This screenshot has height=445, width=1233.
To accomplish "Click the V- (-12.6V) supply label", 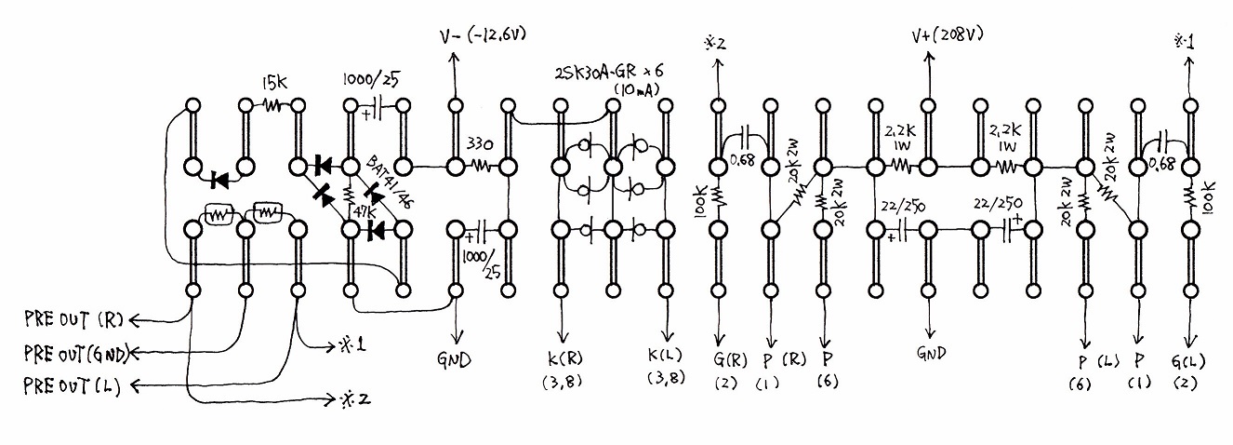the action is [x=483, y=36].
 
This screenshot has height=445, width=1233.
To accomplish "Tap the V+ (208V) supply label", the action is [x=947, y=35].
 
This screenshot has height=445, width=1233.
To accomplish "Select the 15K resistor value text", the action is [x=273, y=84].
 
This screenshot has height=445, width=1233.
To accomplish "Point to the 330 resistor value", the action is [x=480, y=144].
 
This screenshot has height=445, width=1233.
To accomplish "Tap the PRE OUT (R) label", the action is [x=73, y=320].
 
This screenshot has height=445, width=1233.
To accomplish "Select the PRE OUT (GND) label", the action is [x=76, y=353].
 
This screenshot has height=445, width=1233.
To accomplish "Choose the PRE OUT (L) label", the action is [x=72, y=385].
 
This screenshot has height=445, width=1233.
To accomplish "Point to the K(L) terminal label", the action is [x=667, y=355].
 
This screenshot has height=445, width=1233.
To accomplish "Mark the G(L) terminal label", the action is [x=1188, y=362].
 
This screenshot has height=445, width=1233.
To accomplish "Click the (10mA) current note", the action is [x=636, y=90].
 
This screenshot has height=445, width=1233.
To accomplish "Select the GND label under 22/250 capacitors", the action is [x=932, y=352].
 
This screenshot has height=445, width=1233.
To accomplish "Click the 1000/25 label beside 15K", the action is [x=372, y=79].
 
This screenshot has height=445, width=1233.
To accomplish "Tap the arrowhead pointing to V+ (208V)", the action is [x=930, y=57].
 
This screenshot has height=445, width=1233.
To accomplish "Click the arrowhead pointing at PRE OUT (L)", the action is [x=136, y=386].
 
